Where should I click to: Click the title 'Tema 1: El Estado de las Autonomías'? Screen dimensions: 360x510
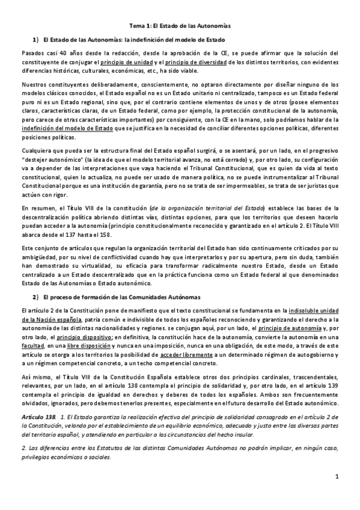click(180, 26)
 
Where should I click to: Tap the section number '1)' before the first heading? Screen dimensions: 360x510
click(35, 40)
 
